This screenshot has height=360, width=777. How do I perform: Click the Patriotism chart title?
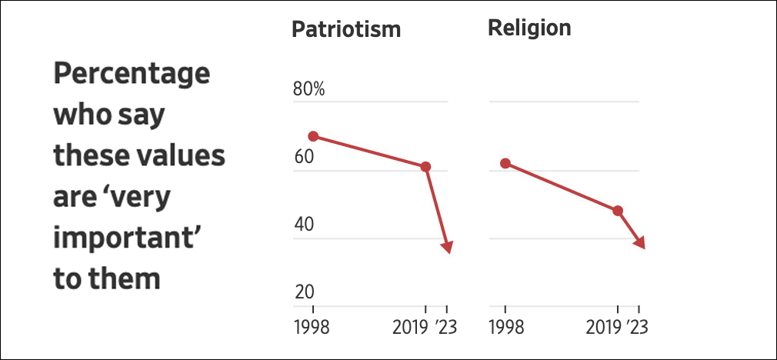(346, 30)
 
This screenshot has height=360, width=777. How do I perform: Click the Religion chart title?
(529, 28)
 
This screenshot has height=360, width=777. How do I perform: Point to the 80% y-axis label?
(309, 89)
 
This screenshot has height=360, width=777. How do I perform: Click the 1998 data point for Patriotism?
(313, 136)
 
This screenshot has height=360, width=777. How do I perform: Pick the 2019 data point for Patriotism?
(425, 167)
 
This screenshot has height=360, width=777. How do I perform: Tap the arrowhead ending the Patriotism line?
(447, 246)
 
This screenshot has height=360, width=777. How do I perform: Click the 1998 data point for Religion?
(505, 163)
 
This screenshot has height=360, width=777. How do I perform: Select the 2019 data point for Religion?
(618, 211)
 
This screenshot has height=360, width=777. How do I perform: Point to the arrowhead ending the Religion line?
(639, 242)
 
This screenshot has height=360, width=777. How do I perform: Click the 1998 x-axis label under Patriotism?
(312, 327)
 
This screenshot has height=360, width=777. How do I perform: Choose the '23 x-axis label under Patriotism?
(446, 327)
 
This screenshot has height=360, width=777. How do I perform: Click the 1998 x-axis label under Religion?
(506, 327)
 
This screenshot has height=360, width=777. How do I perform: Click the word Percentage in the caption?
(131, 77)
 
